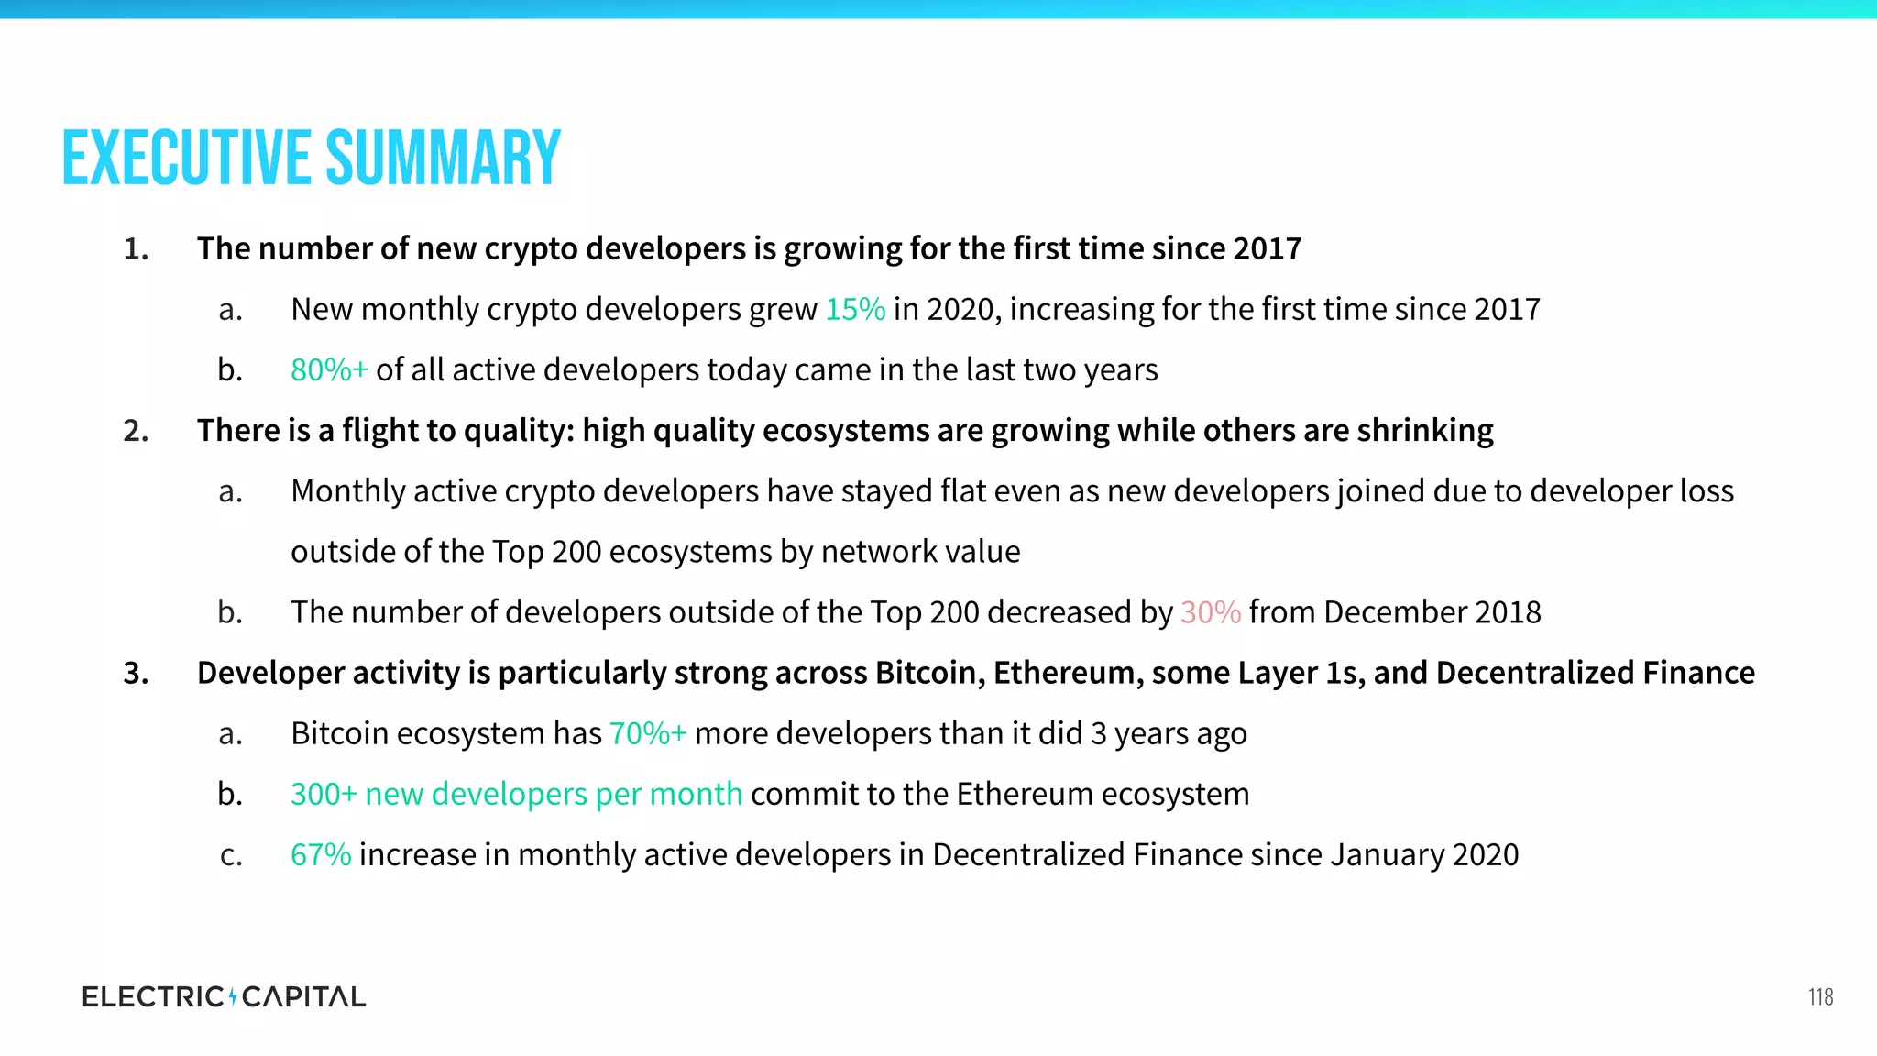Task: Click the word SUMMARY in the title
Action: [443, 159]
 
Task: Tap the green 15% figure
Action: [855, 310]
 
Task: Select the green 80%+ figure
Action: [329, 370]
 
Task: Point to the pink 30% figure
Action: [1210, 612]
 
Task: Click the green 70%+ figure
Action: [647, 733]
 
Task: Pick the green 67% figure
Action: [321, 854]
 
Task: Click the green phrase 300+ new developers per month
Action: [516, 794]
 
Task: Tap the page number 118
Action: [1820, 997]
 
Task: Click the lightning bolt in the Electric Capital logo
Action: [233, 996]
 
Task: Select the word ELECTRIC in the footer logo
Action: [152, 996]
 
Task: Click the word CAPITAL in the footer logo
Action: [303, 996]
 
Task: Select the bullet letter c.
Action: [231, 855]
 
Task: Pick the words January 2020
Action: [1424, 854]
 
